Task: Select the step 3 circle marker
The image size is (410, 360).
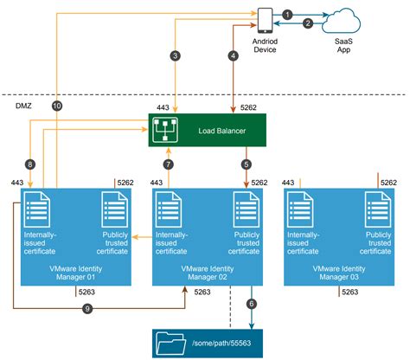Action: (x=176, y=56)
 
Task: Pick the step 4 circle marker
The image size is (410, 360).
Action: (x=232, y=56)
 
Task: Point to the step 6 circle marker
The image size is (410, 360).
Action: (x=251, y=303)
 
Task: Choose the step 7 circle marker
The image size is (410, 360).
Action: (x=169, y=163)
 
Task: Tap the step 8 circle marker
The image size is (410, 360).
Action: (x=30, y=164)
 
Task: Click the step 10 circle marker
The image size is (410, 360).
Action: (x=57, y=106)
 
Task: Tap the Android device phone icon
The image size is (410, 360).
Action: (x=265, y=18)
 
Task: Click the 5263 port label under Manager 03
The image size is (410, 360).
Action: (x=350, y=292)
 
